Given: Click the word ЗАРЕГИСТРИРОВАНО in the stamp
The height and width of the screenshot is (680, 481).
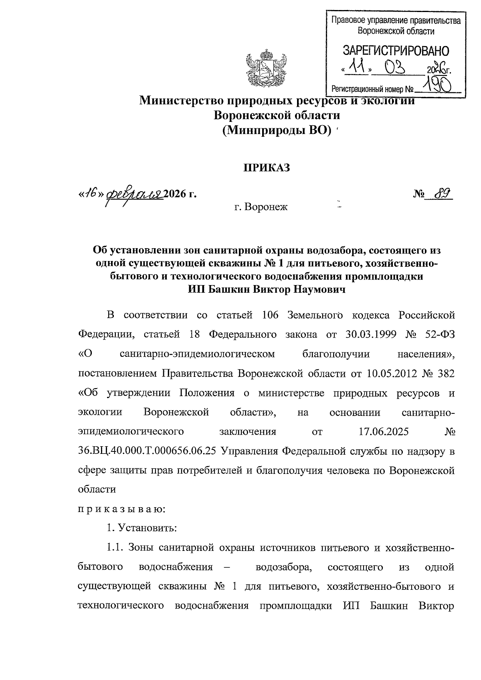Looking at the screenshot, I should (x=395, y=51).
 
